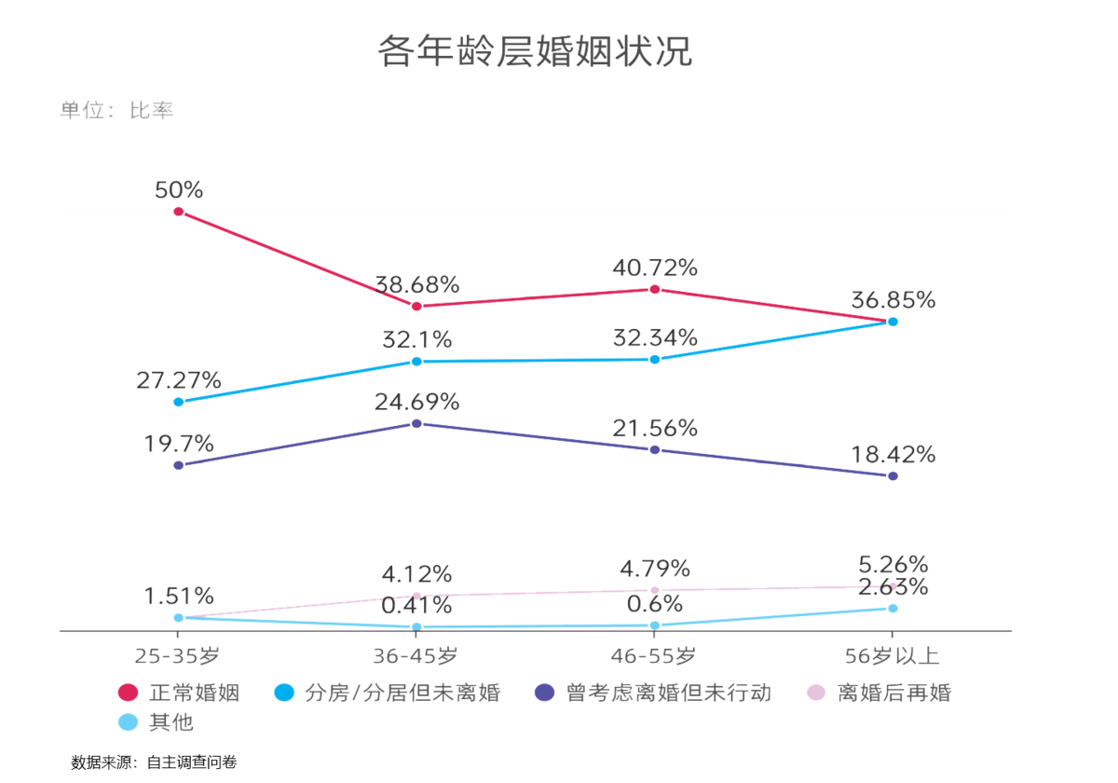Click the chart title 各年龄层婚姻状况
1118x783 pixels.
click(x=535, y=51)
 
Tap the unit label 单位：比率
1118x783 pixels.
click(x=116, y=110)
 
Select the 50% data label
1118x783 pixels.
click(x=179, y=189)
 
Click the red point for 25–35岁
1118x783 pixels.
click(x=179, y=212)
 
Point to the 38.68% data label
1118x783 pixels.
click(x=416, y=283)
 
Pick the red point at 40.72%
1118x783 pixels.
click(x=655, y=289)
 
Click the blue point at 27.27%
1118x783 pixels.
click(x=179, y=402)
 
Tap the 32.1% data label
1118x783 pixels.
click(x=416, y=338)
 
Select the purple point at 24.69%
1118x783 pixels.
click(x=416, y=423)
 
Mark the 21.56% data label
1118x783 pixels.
click(x=655, y=428)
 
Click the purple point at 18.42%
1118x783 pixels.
click(x=893, y=475)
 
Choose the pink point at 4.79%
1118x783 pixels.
click(x=655, y=590)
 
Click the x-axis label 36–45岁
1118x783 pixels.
click(x=416, y=656)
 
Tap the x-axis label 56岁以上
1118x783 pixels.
click(x=893, y=656)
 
